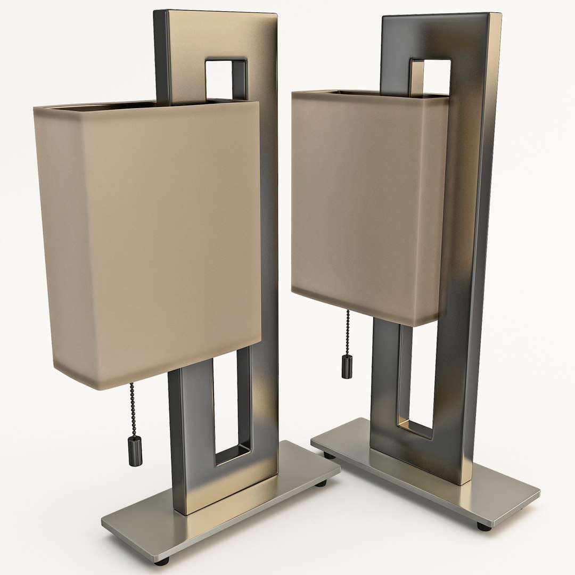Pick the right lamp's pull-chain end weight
point(347,368)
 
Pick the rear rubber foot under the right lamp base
point(330,455)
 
